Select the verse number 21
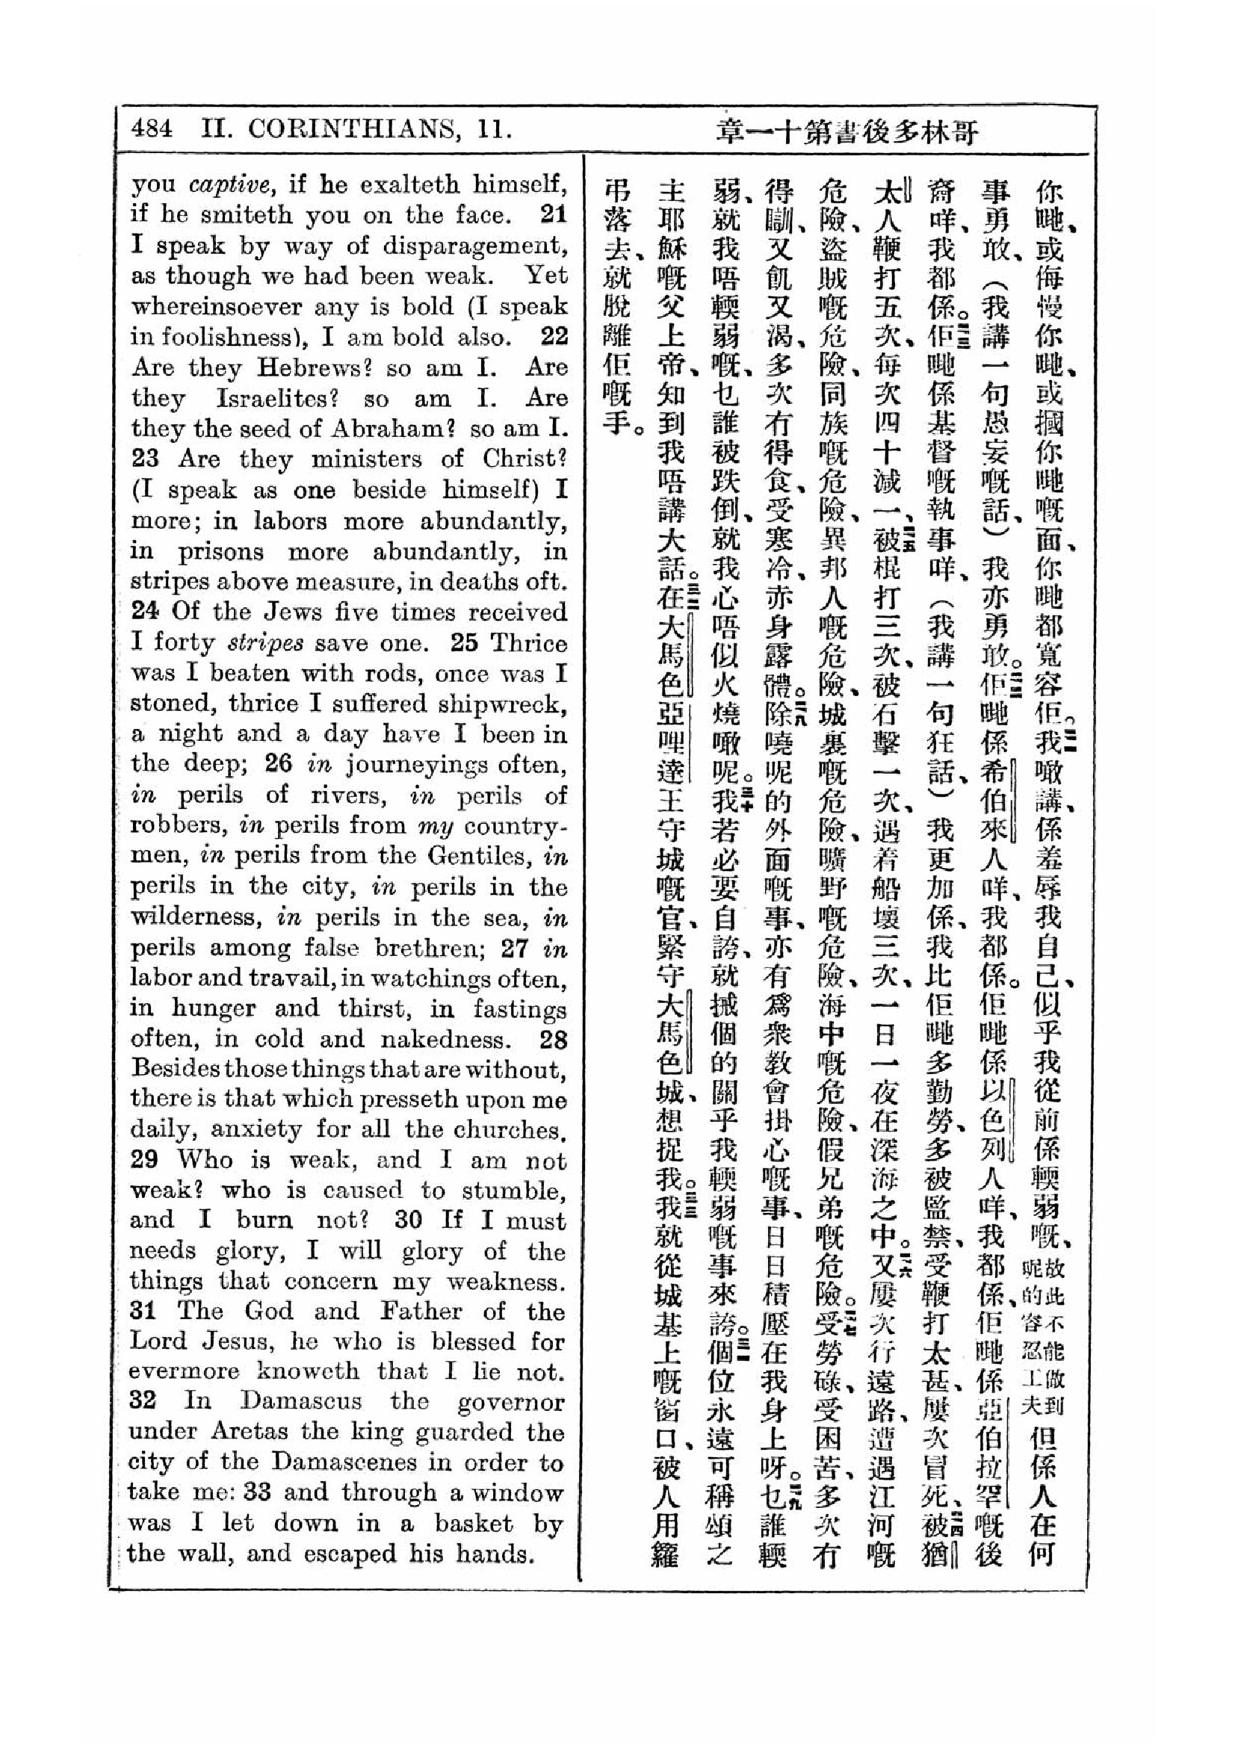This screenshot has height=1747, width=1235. click(x=553, y=214)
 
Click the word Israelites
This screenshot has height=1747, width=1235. click(x=277, y=398)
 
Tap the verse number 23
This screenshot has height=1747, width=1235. click(x=146, y=459)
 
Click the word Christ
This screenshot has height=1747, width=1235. click(x=524, y=459)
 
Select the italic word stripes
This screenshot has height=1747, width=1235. click(x=265, y=643)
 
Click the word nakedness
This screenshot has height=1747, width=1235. click(x=443, y=1040)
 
